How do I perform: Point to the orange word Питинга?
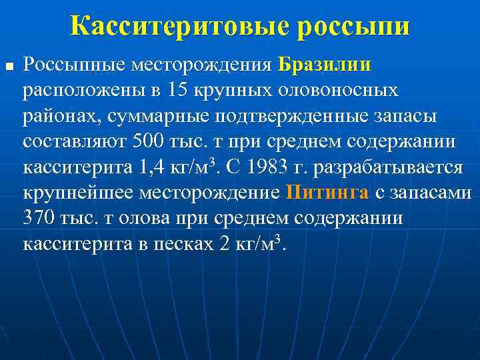click(x=327, y=193)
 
